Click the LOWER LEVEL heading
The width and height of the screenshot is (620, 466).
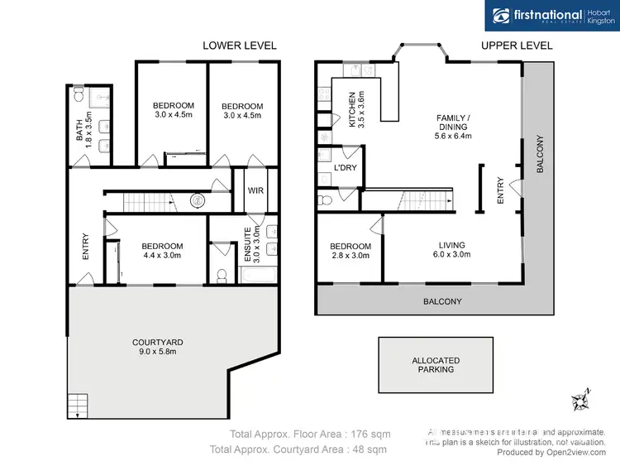tap(240, 46)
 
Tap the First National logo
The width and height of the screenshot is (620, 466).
tap(551, 16)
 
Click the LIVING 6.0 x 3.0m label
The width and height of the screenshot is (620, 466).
tap(452, 250)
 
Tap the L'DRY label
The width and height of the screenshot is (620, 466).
tap(345, 169)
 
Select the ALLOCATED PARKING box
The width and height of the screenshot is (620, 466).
tap(436, 365)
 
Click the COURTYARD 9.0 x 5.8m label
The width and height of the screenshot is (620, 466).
tap(157, 347)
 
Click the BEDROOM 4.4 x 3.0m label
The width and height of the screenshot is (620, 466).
tap(162, 251)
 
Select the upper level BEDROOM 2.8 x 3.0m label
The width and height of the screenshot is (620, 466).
tap(351, 251)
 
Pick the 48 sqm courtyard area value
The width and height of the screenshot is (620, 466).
tap(370, 449)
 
